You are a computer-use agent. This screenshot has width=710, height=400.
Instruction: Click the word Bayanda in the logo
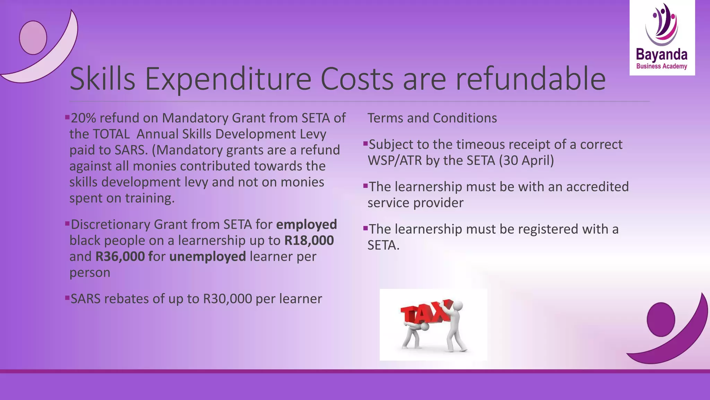pos(661,55)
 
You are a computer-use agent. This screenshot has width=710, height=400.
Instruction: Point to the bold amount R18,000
pos(309,240)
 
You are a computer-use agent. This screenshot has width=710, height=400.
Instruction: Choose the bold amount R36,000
pos(120,257)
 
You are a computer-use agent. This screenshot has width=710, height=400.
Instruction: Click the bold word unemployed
pos(207,257)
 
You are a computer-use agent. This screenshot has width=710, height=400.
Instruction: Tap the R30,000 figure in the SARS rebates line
pos(227,299)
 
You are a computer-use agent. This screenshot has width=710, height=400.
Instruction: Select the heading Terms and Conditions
pos(432,118)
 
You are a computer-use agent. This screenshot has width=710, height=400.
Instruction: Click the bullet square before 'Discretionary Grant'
pos(67,223)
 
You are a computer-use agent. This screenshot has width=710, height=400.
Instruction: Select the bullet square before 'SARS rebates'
pos(67,298)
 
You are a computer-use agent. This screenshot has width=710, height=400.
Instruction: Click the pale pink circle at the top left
pos(33,37)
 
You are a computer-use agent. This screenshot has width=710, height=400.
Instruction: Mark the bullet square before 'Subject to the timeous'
pos(365,143)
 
